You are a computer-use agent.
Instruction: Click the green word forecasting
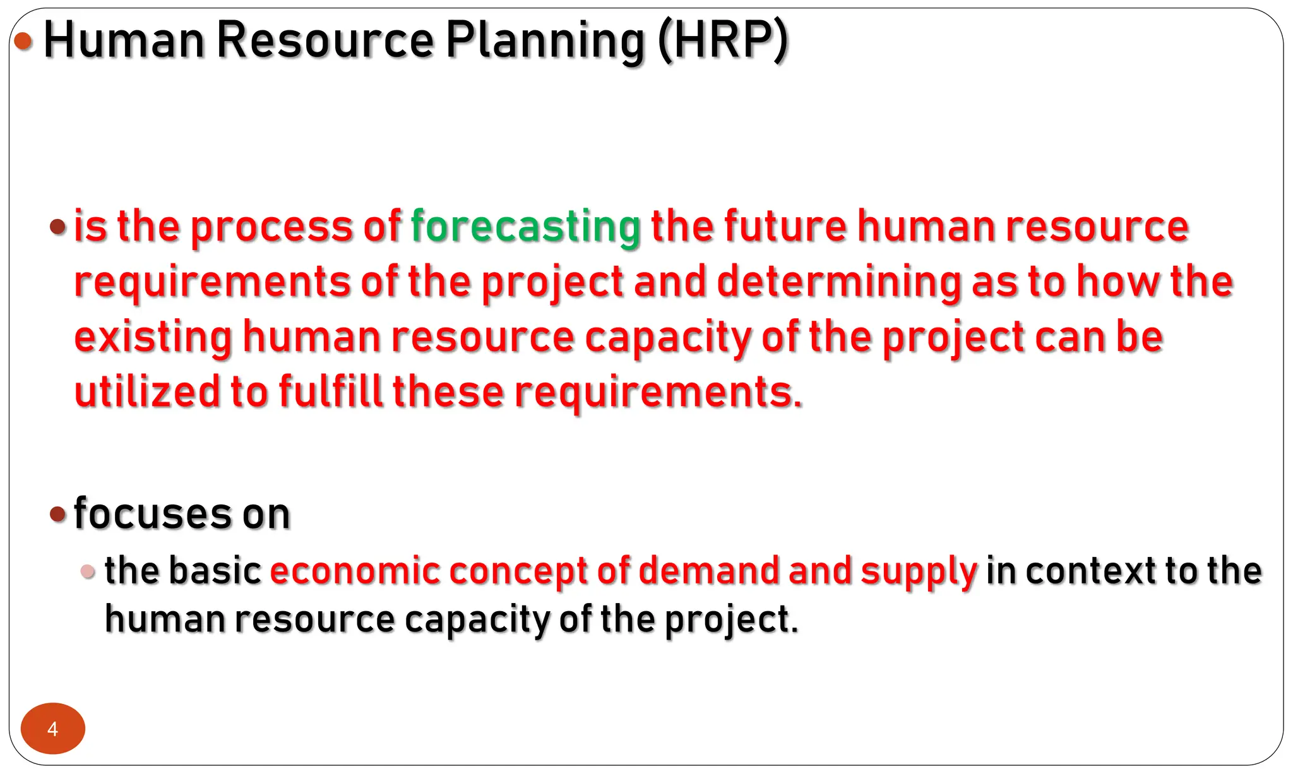[x=525, y=227]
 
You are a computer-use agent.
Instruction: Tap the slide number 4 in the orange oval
[x=53, y=729]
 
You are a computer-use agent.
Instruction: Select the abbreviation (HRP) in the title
[x=723, y=40]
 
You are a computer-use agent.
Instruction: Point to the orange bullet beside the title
[x=23, y=42]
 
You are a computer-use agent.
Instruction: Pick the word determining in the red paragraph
[x=839, y=282]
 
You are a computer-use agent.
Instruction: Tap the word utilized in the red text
[x=147, y=392]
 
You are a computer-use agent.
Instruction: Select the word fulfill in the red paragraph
[x=330, y=392]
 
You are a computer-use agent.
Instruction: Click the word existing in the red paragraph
[x=153, y=337]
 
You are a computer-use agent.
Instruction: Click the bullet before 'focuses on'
[x=57, y=514]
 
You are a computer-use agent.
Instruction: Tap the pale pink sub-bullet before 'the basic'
[x=88, y=572]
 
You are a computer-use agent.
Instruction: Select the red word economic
[x=355, y=571]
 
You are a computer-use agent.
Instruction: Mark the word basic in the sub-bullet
[x=215, y=571]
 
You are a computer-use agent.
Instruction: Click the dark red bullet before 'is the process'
[x=57, y=227]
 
